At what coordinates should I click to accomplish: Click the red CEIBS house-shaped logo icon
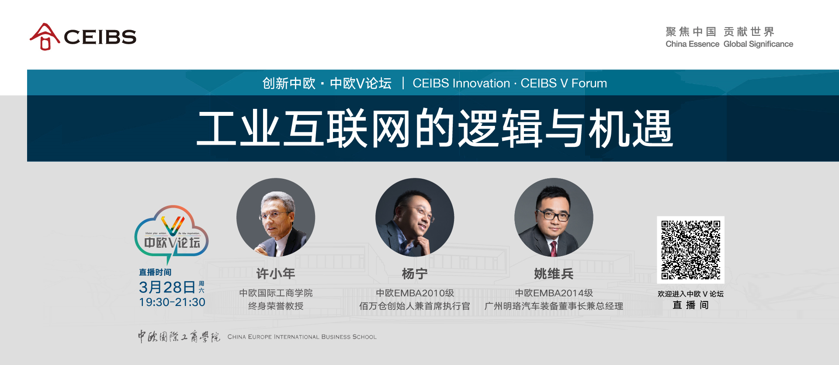pyautogui.click(x=44, y=36)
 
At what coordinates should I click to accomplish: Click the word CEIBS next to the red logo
pyautogui.click(x=100, y=37)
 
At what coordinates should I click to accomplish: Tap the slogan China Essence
pyautogui.click(x=692, y=44)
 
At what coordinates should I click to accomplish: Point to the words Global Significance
pyautogui.click(x=758, y=44)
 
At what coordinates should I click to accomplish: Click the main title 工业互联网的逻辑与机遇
pyautogui.click(x=435, y=129)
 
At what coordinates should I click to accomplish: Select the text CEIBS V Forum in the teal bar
pyautogui.click(x=564, y=83)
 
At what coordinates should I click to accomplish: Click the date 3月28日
pyautogui.click(x=167, y=287)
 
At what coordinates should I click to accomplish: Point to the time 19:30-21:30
pyautogui.click(x=172, y=302)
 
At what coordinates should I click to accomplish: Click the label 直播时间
pyautogui.click(x=155, y=272)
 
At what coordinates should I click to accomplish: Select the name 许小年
pyautogui.click(x=276, y=274)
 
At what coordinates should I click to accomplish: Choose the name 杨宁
pyautogui.click(x=415, y=274)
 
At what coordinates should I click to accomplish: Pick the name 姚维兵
pyautogui.click(x=554, y=274)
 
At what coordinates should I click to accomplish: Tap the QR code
pyautogui.click(x=690, y=250)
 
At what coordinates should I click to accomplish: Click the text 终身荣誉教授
pyautogui.click(x=276, y=306)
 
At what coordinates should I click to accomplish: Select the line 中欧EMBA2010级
pyautogui.click(x=415, y=293)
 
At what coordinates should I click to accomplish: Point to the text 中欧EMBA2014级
pyautogui.click(x=554, y=293)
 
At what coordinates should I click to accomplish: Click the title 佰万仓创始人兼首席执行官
pyautogui.click(x=415, y=306)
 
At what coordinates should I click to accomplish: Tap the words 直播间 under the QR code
pyautogui.click(x=690, y=305)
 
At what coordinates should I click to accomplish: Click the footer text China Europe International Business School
pyautogui.click(x=302, y=337)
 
